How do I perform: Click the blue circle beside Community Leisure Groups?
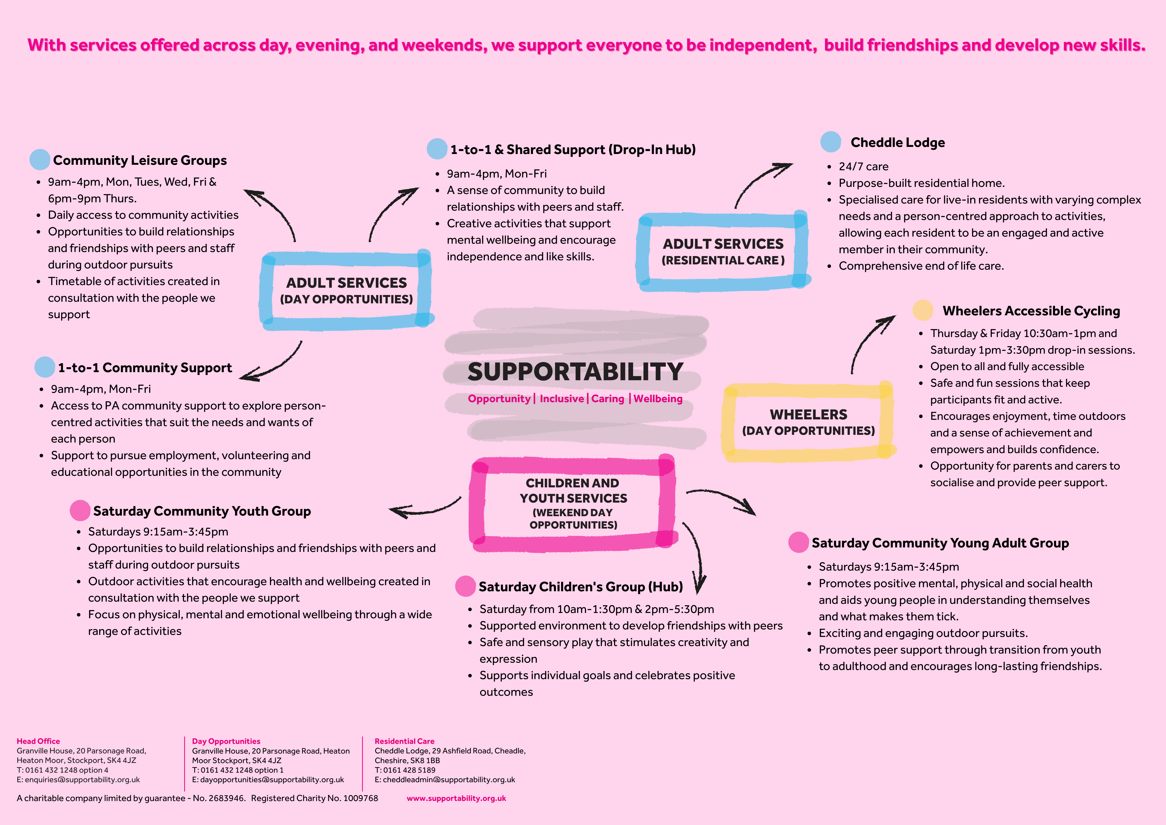tap(40, 159)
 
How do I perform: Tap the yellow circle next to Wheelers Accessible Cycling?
tap(923, 310)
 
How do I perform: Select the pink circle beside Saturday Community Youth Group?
tap(80, 511)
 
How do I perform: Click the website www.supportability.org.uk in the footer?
tap(456, 798)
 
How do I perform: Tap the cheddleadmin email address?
tap(449, 779)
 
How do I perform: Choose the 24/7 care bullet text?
tap(863, 166)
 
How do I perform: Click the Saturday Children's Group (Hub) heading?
tap(580, 587)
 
